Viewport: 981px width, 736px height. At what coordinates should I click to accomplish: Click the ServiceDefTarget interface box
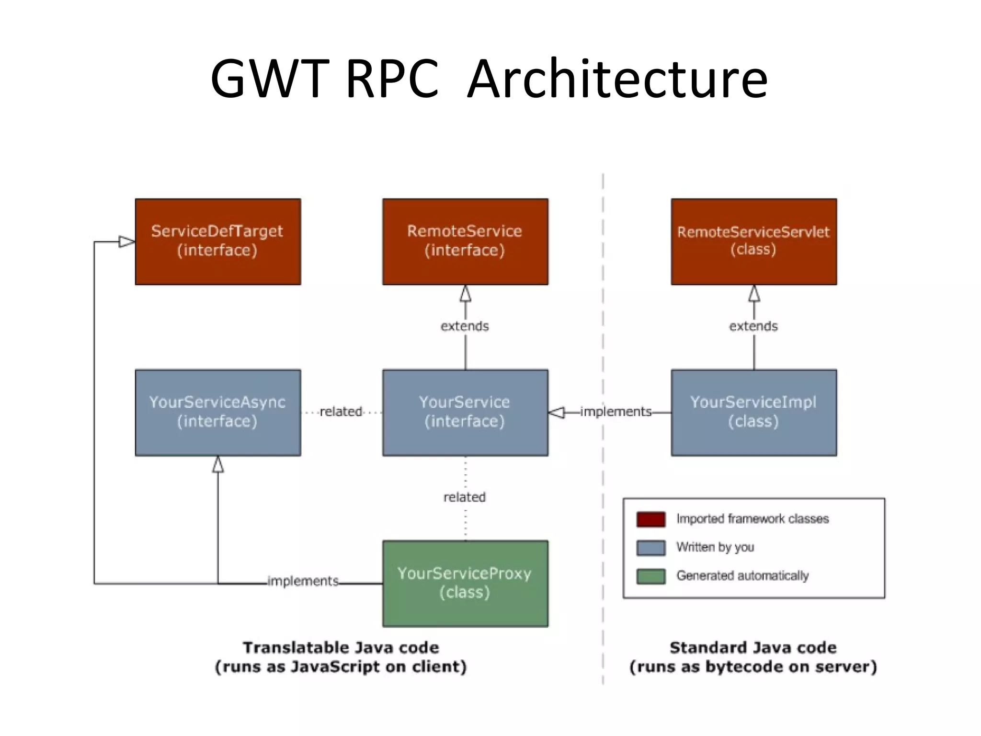coord(218,241)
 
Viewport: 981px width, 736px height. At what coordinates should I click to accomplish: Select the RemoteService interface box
coord(465,241)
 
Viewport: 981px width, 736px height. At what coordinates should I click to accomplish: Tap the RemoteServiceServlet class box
coord(753,241)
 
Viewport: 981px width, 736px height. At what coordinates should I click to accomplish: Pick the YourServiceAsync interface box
coord(218,412)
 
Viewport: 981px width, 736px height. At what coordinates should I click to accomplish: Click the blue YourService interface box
coord(465,412)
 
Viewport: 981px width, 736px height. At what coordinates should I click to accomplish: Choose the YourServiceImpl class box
coord(753,412)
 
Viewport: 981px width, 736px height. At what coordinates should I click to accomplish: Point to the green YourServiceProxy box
coord(465,583)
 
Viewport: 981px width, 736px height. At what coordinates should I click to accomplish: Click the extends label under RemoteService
coord(465,326)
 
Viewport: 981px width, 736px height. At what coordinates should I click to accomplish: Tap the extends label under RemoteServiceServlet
coord(753,326)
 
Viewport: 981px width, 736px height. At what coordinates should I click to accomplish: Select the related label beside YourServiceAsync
coord(341,412)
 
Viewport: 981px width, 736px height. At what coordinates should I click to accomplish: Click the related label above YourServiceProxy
coord(465,497)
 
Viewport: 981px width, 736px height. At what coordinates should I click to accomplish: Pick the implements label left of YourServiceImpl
coord(616,412)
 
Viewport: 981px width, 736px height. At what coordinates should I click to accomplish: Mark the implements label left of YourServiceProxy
coord(303,581)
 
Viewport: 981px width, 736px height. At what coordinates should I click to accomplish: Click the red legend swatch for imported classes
coord(650,519)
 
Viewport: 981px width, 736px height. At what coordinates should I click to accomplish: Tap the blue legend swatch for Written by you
coord(650,548)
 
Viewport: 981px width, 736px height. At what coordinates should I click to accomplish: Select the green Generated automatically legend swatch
coord(650,576)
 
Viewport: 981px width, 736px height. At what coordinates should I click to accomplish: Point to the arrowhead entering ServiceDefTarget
coord(127,241)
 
